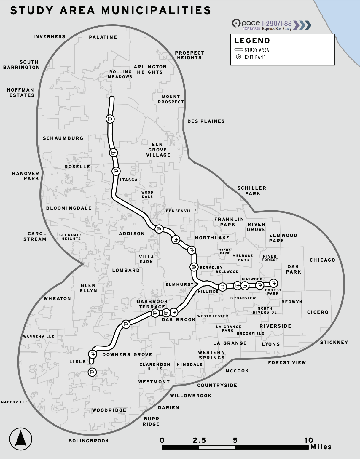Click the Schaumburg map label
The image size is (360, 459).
pos(63,138)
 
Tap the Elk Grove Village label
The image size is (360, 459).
pos(158,150)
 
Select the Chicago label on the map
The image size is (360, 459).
pos(322,260)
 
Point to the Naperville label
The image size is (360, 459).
pos(14,402)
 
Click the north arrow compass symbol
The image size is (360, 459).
pos(21,439)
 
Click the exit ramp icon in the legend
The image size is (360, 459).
pos(238,57)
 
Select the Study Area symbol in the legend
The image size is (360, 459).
pos(238,50)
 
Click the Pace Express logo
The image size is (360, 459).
pos(246,24)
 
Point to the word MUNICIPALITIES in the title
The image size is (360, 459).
pos(156,10)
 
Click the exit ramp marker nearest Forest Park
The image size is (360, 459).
pos(273,283)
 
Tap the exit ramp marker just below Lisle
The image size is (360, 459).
pos(92,372)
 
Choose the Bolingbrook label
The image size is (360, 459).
pos(89,441)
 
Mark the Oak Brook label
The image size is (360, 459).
pos(179,320)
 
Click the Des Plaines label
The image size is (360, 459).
pos(206,121)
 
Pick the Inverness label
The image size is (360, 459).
pos(49,37)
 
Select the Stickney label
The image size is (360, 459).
pos(334,343)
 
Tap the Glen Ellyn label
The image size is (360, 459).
pos(88,288)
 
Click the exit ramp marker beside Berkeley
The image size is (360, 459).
pos(194,267)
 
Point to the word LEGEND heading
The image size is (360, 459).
pos(252,41)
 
